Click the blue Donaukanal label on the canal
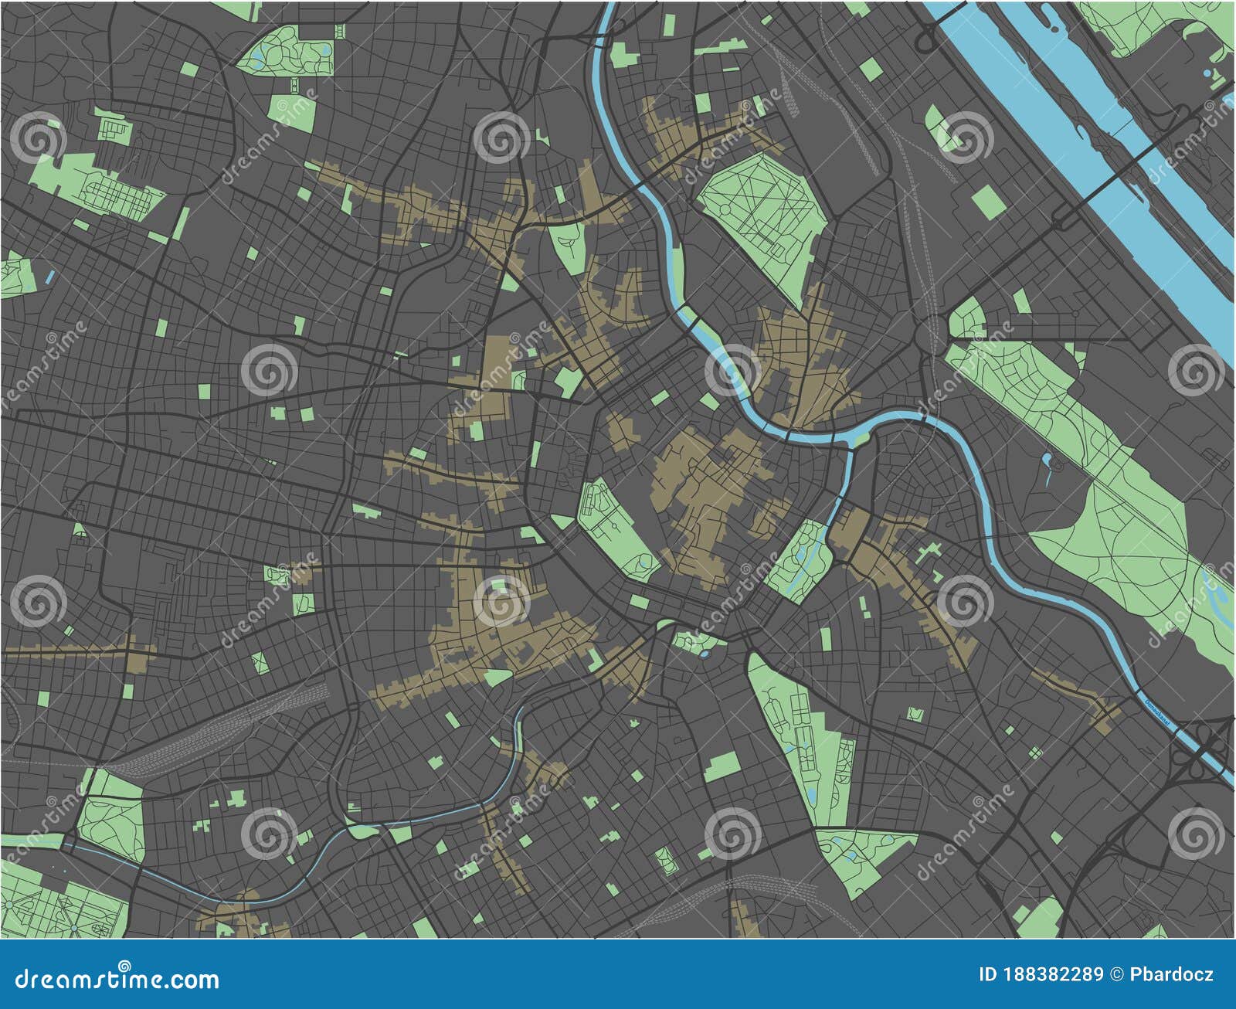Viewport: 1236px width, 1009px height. click(1156, 712)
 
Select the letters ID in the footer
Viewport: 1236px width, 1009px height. click(986, 975)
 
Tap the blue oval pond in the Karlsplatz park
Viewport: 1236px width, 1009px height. click(705, 653)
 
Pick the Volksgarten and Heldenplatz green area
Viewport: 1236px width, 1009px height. click(614, 525)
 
